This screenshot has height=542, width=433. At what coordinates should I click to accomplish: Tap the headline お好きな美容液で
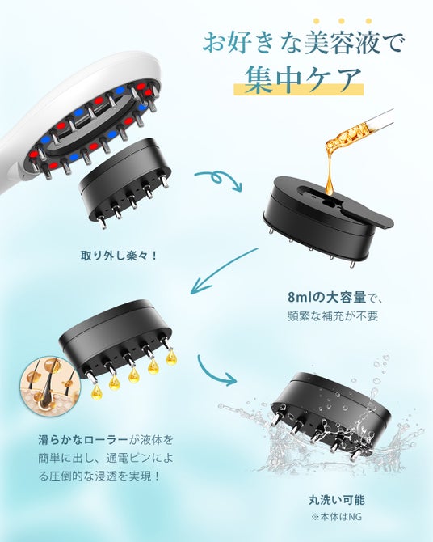point(302,44)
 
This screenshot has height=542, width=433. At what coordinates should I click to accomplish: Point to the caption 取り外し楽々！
point(119,256)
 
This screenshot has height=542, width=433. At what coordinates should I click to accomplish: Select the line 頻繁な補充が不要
point(333,316)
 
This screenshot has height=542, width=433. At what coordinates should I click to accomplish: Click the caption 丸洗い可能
point(337,500)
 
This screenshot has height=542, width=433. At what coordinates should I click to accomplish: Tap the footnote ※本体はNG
point(336,517)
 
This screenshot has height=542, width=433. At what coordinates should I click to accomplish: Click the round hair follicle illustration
point(50,383)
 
